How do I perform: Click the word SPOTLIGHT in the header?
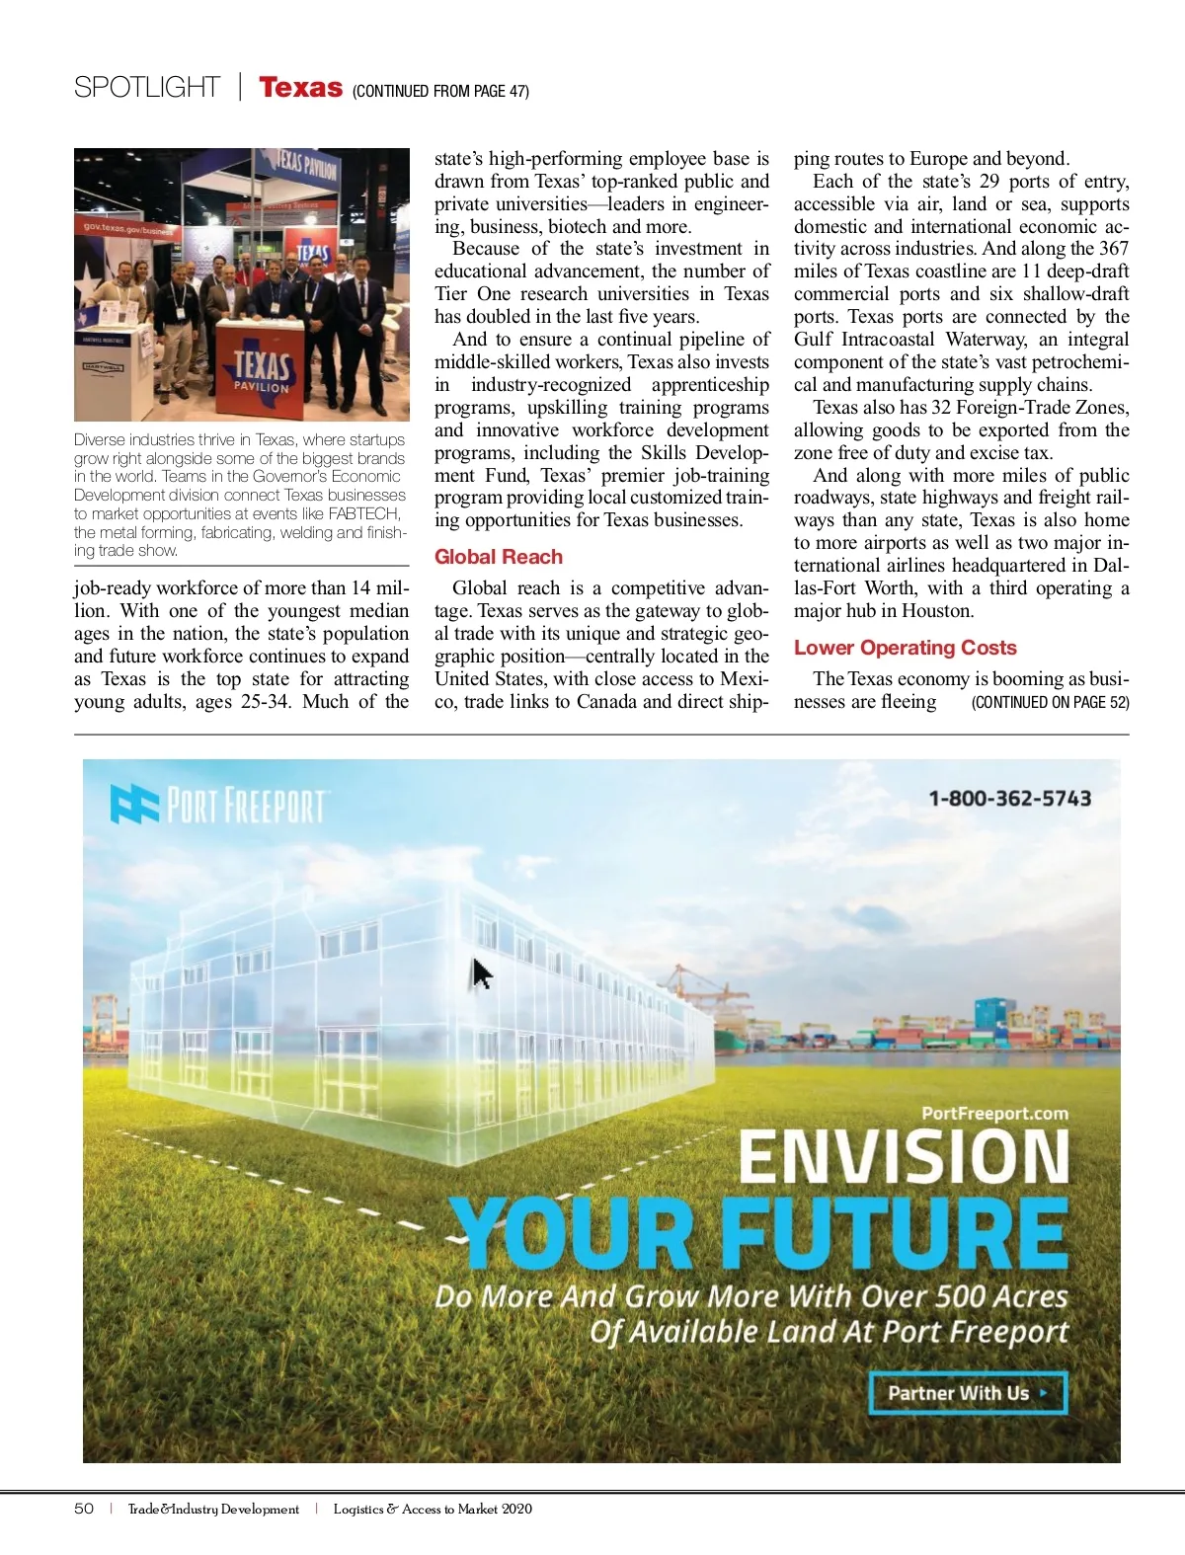point(147,88)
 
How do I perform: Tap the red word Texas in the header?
point(300,88)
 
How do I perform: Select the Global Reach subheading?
point(499,557)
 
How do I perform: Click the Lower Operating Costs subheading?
point(905,648)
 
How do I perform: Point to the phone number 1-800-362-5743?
point(1009,798)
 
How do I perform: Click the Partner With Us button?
point(968,1393)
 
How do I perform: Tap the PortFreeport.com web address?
point(994,1114)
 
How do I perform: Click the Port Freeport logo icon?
point(133,804)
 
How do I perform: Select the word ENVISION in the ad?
point(904,1156)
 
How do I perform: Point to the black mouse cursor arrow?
point(482,973)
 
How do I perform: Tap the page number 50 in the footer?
point(84,1509)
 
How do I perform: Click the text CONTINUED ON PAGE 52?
point(1050,702)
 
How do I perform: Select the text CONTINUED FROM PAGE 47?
point(440,91)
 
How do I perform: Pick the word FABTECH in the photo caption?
point(363,513)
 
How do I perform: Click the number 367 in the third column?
point(1113,249)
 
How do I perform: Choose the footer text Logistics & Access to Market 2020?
point(433,1509)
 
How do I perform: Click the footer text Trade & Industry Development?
point(213,1509)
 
